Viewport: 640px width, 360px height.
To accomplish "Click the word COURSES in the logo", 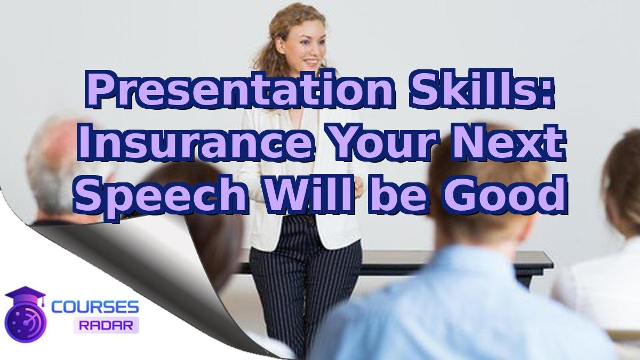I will click(x=95, y=307).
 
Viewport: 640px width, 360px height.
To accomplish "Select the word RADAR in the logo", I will click(x=106, y=324).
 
